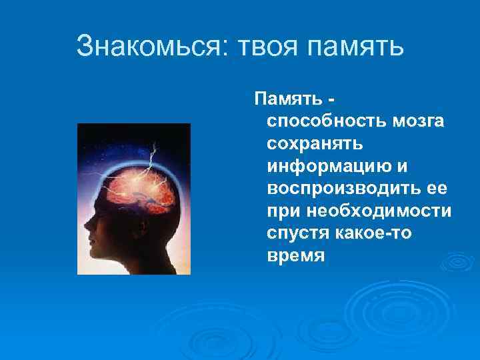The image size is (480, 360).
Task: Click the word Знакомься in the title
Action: coord(151,46)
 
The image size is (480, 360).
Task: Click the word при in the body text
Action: coord(282,211)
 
